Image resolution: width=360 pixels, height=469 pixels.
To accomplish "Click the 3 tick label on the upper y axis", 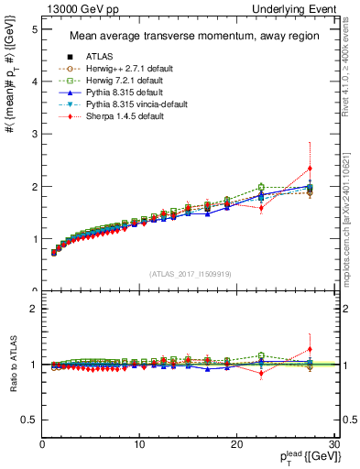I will [x=34, y=135].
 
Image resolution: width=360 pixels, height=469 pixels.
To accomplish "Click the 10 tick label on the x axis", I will [x=139, y=443].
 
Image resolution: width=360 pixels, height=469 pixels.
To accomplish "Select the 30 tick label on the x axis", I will [x=333, y=443].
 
